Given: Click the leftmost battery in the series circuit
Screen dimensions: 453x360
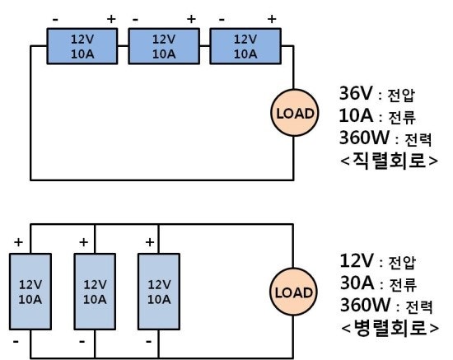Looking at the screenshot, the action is coord(82,46).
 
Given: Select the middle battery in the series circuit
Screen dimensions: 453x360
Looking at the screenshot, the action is coord(164,46).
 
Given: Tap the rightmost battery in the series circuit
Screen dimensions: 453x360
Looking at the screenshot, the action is coord(245,46).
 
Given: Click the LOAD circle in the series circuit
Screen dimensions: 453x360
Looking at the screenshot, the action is coord(294,113).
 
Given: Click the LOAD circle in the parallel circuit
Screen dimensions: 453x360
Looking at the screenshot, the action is coord(293,292).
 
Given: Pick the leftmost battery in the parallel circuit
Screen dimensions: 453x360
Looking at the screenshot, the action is coord(30,292).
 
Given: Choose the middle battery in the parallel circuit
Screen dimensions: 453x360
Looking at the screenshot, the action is coord(95,292).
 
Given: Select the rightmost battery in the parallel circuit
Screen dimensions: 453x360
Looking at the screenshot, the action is coord(159,292).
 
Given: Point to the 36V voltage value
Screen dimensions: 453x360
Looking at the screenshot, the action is coord(356,93).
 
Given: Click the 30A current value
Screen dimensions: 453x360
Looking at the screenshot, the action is coord(357,283).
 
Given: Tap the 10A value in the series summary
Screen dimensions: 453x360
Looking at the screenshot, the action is coord(356,115).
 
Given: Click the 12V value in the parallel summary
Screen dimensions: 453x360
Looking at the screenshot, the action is coord(357,260).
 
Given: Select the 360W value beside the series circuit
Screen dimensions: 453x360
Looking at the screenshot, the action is coord(364,138).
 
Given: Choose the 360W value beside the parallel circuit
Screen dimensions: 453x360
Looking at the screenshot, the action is coord(365,305).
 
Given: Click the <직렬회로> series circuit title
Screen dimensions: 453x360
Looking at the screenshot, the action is coord(389,161).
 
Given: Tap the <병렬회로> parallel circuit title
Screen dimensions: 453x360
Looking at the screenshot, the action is coord(390,328).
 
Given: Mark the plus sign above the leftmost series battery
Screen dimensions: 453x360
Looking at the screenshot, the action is coord(111,19).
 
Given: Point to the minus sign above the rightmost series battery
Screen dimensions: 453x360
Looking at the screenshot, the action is coord(222,20).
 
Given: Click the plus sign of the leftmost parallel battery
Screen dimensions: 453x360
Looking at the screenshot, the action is coord(18,242).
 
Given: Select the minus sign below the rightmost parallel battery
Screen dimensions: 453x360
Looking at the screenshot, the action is coord(149,342).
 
